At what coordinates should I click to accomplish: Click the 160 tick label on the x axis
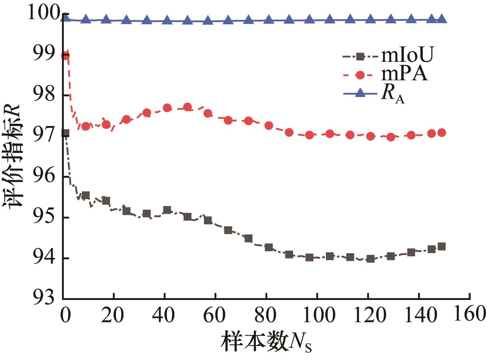point(468,315)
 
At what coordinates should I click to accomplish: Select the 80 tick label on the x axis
point(266,315)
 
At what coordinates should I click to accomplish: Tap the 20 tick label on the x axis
point(114,315)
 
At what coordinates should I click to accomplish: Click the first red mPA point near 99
point(66,56)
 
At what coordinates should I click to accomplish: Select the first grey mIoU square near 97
point(66,133)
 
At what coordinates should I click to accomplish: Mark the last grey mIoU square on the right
point(441,247)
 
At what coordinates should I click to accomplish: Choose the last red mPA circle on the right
point(441,133)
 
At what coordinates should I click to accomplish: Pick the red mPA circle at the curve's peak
point(187,107)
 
